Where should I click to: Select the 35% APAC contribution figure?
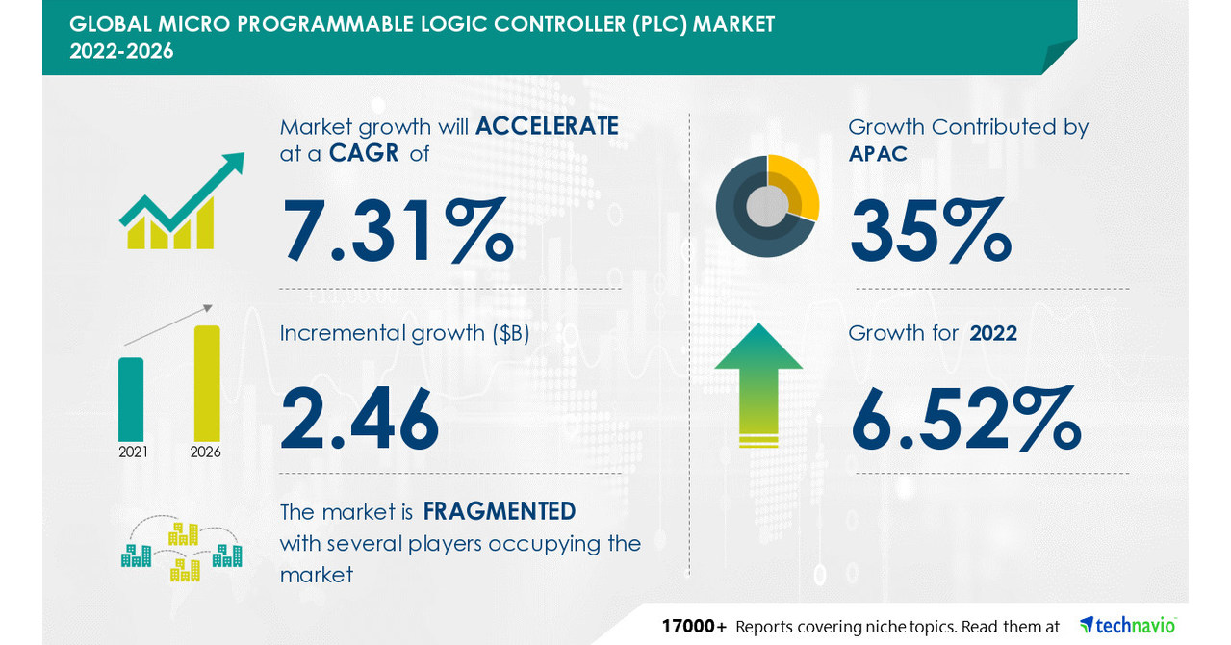tap(930, 231)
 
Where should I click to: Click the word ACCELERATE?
tap(547, 126)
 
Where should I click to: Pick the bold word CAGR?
tap(363, 153)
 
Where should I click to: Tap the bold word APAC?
tap(878, 153)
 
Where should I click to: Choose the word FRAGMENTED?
tap(499, 511)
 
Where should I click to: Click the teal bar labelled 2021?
tap(131, 400)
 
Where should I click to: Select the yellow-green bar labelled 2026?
tap(207, 383)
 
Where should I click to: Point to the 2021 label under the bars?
tap(133, 451)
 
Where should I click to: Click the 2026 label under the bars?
tap(205, 451)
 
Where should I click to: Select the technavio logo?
tap(1127, 625)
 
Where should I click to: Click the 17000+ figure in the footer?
tap(694, 626)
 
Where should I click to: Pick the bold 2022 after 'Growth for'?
tap(993, 333)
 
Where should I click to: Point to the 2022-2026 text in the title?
tap(122, 51)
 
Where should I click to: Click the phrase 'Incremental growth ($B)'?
tap(405, 333)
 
